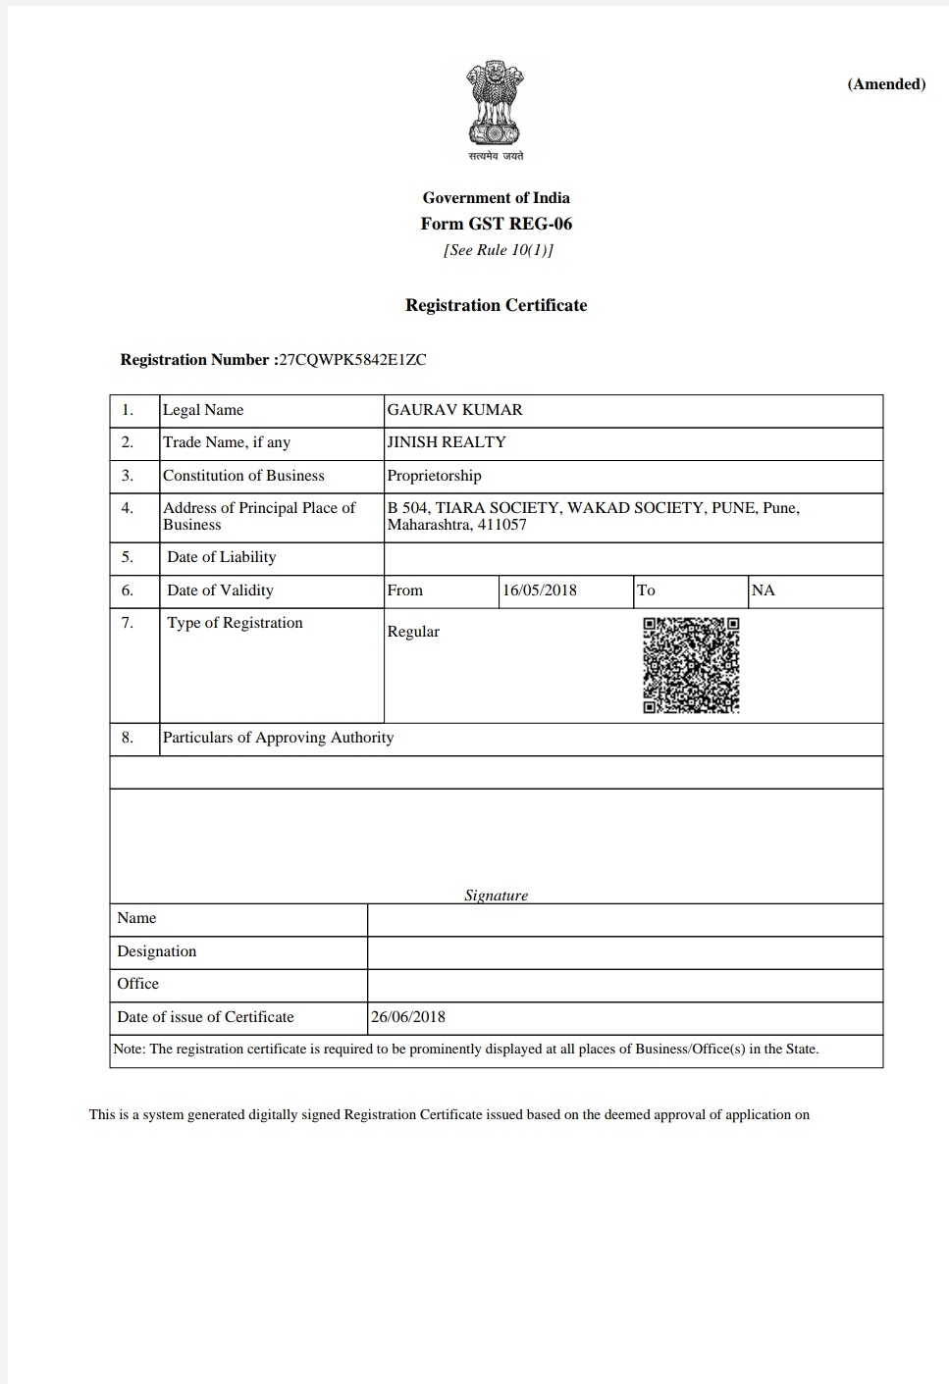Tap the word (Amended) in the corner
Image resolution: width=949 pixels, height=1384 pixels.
886,84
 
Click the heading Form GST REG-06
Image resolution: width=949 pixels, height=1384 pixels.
496,224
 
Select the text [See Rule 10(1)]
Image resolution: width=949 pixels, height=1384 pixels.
498,250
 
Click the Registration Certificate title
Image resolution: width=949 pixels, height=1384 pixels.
496,305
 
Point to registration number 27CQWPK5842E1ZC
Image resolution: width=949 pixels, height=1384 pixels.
352,359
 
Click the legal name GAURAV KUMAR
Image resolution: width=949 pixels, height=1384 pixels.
454,410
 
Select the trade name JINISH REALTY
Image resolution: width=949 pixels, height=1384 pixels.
447,442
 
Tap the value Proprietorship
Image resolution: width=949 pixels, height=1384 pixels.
434,476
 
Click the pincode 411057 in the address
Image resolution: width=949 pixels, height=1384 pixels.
502,525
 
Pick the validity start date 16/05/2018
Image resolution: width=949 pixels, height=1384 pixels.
540,590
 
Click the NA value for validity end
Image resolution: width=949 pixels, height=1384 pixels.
763,590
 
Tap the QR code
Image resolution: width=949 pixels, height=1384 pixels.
691,665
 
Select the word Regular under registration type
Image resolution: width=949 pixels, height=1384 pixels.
413,632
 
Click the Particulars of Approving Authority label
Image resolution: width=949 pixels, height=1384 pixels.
278,738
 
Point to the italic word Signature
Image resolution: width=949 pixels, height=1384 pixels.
496,895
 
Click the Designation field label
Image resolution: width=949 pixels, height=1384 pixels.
156,951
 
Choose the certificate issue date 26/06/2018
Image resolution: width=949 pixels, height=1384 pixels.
408,1017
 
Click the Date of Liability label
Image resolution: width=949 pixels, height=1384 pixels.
221,557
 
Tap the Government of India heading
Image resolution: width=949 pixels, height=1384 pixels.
496,198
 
